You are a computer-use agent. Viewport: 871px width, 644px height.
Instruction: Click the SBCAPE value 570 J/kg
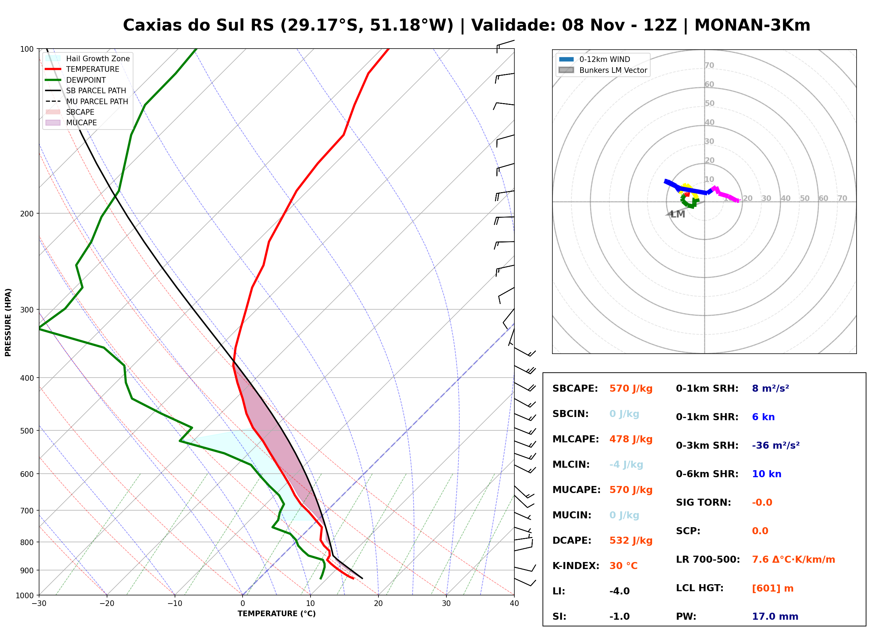pyautogui.click(x=631, y=389)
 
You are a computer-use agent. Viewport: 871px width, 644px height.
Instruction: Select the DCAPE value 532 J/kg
pyautogui.click(x=631, y=541)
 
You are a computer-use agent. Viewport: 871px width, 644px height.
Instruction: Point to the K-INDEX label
pyautogui.click(x=576, y=566)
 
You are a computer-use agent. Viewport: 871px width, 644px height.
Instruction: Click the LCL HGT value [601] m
pyautogui.click(x=773, y=588)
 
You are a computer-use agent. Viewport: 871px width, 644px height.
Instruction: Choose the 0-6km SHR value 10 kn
pyautogui.click(x=766, y=474)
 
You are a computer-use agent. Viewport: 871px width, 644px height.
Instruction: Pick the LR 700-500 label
pyautogui.click(x=708, y=560)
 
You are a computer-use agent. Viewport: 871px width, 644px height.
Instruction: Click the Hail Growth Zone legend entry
pyautogui.click(x=88, y=58)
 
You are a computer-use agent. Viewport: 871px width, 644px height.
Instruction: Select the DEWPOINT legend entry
pyautogui.click(x=76, y=80)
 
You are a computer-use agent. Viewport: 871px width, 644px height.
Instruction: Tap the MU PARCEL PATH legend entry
pyautogui.click(x=87, y=101)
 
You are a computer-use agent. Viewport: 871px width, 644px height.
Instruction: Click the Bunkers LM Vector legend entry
pyautogui.click(x=603, y=70)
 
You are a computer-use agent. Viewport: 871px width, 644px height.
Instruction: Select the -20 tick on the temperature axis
pyautogui.click(x=106, y=604)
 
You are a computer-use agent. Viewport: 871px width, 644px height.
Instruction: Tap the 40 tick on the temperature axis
pyautogui.click(x=514, y=604)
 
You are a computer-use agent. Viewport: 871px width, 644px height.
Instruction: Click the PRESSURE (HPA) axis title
pyautogui.click(x=8, y=322)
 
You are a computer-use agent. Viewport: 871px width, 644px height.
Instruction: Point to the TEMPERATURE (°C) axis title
pyautogui.click(x=277, y=614)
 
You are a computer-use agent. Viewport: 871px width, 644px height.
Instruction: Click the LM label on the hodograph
pyautogui.click(x=678, y=214)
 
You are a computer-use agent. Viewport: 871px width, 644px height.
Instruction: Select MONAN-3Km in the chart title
pyautogui.click(x=752, y=25)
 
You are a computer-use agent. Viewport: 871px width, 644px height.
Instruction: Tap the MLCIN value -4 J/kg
pyautogui.click(x=626, y=465)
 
